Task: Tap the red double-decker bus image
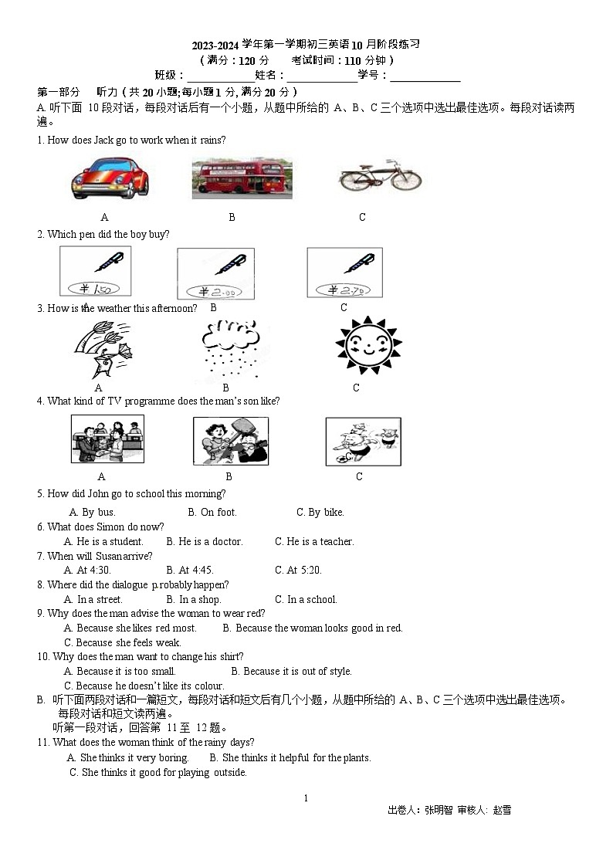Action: (242, 178)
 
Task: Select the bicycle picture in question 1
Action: (380, 177)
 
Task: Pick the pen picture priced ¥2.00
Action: (215, 273)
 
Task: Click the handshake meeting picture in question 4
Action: (107, 439)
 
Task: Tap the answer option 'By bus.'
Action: (92, 512)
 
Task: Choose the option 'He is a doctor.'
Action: (205, 541)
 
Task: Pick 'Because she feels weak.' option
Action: (123, 642)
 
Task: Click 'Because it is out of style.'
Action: (291, 671)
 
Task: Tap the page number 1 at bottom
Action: (306, 798)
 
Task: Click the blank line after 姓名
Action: (322, 76)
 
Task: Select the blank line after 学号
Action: (425, 76)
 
